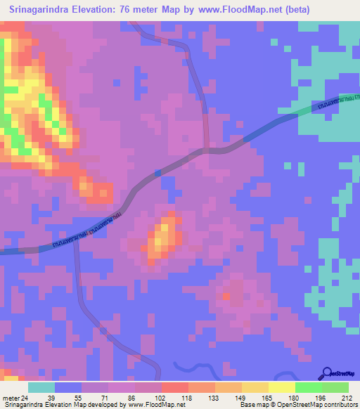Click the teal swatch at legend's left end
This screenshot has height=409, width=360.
pos(41,387)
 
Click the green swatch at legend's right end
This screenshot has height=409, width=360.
pos(335,387)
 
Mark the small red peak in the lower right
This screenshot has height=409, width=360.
pos(226,297)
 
